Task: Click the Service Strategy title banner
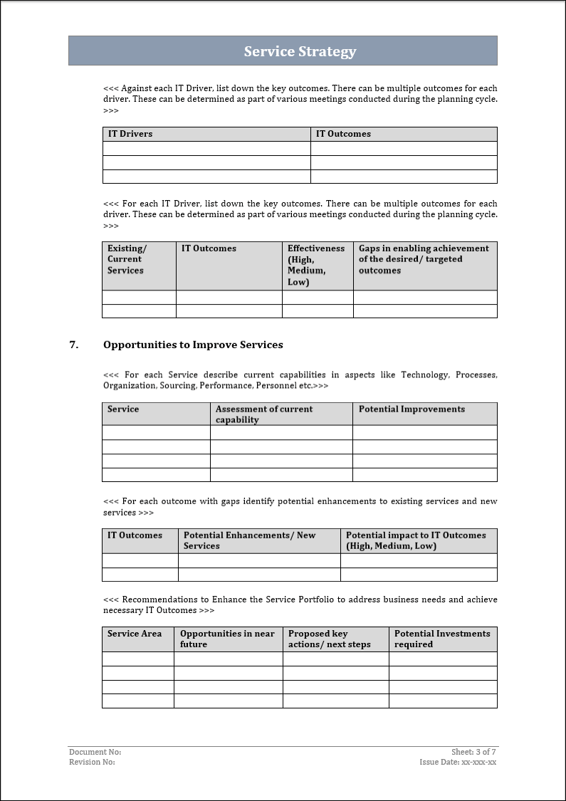pyautogui.click(x=300, y=51)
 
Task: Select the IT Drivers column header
pyautogui.click(x=130, y=134)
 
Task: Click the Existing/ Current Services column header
pyautogui.click(x=127, y=259)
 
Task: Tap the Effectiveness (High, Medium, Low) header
pyautogui.click(x=315, y=265)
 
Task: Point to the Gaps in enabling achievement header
pyautogui.click(x=424, y=259)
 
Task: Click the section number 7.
pyautogui.click(x=73, y=345)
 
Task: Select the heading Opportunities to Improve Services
pyautogui.click(x=193, y=345)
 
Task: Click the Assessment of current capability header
pyautogui.click(x=264, y=414)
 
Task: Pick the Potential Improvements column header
pyautogui.click(x=412, y=409)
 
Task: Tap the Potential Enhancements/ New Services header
pyautogui.click(x=249, y=540)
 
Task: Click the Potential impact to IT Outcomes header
pyautogui.click(x=416, y=540)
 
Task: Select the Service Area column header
pyautogui.click(x=135, y=634)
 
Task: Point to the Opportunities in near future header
pyautogui.click(x=227, y=639)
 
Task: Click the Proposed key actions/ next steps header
pyautogui.click(x=329, y=639)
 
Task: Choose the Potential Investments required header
pyautogui.click(x=442, y=639)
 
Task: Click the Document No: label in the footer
pyautogui.click(x=95, y=752)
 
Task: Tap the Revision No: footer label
pyautogui.click(x=92, y=762)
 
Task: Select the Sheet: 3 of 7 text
pyautogui.click(x=473, y=752)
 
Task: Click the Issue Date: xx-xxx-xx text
pyautogui.click(x=458, y=762)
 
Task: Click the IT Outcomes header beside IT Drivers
pyautogui.click(x=343, y=134)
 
